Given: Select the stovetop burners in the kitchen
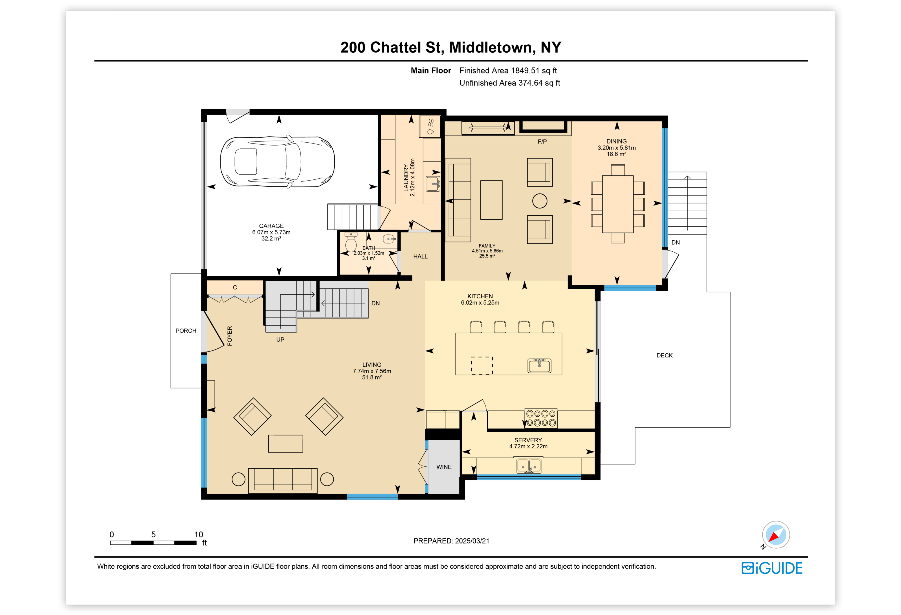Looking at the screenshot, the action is [541, 418].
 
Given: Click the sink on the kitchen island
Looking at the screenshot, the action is [539, 365].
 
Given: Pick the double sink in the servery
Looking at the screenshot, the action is [529, 465].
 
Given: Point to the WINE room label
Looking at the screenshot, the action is [444, 467].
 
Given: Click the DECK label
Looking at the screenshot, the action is [665, 355].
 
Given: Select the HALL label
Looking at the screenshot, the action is [420, 256].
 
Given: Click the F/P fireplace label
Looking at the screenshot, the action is [542, 141].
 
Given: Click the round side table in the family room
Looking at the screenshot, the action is [540, 201].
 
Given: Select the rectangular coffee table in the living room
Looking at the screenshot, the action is [285, 444].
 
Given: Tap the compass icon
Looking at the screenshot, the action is [776, 535].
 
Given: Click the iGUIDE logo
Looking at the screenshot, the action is [772, 568].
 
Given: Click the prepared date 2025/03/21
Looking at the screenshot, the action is [472, 541].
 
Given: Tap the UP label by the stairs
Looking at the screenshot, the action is [280, 339].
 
